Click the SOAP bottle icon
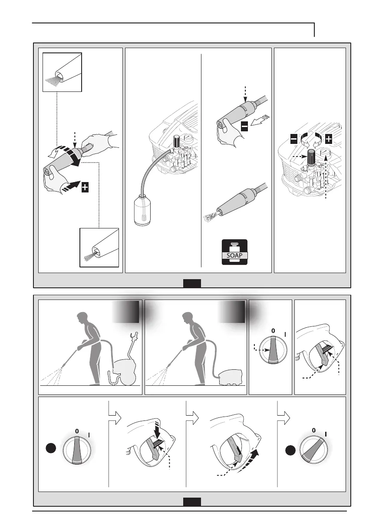pyautogui.click(x=234, y=252)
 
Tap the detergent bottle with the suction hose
pyautogui.click(x=142, y=210)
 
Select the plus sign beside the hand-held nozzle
pyautogui.click(x=85, y=187)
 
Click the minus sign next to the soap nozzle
pyautogui.click(x=244, y=126)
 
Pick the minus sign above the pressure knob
pyautogui.click(x=294, y=139)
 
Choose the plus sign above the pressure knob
pyautogui.click(x=328, y=139)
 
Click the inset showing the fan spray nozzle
pyautogui.click(x=62, y=72)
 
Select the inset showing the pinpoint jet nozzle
pyautogui.click(x=99, y=248)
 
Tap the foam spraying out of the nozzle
pyautogui.click(x=211, y=216)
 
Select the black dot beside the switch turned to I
pyautogui.click(x=290, y=450)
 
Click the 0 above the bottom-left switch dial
pyautogui.click(x=77, y=431)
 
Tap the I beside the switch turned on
pyautogui.click(x=326, y=434)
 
